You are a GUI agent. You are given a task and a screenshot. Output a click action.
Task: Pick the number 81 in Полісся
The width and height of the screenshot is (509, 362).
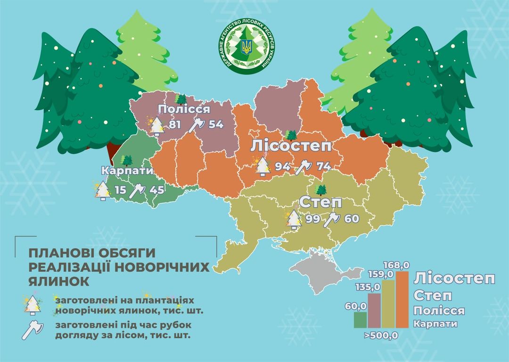[x=175, y=125]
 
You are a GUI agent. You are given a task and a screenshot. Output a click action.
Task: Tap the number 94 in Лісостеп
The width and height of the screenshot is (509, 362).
[x=283, y=166]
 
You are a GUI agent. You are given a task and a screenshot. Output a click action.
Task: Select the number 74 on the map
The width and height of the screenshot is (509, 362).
[x=323, y=166]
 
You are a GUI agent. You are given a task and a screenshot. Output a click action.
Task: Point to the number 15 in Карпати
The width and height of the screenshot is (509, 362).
[x=121, y=190]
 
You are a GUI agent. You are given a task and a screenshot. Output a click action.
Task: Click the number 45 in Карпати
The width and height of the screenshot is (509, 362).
[x=157, y=190]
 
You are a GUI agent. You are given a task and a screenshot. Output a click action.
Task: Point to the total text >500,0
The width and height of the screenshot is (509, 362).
[x=381, y=336]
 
